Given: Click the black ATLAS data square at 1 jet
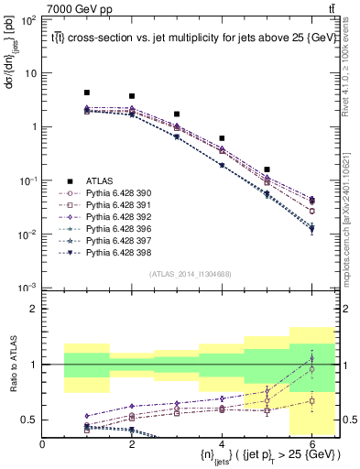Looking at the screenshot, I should pyautogui.click(x=87, y=93).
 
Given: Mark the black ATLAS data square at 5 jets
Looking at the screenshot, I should pyautogui.click(x=267, y=169).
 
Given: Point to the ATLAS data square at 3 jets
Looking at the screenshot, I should pyautogui.click(x=177, y=115).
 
